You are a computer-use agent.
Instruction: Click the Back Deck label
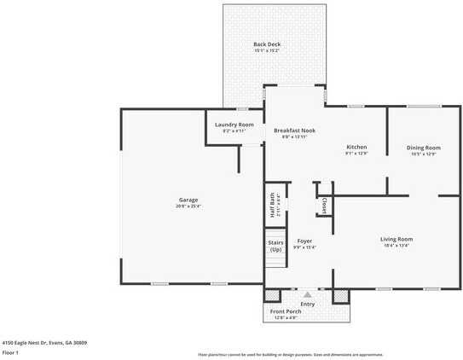click(267, 44)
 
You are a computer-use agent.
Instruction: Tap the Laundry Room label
click(234, 125)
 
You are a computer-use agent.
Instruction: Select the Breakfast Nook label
click(295, 130)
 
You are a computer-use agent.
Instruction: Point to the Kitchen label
click(356, 147)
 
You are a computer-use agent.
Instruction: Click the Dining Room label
click(423, 148)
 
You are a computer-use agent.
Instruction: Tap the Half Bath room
click(273, 205)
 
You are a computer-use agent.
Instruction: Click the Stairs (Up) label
click(275, 247)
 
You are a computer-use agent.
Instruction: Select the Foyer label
click(304, 241)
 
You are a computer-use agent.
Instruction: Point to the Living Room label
click(396, 239)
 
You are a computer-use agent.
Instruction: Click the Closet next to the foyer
click(325, 206)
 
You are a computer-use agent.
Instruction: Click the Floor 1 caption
click(11, 352)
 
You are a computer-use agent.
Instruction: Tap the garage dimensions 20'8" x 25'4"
click(188, 206)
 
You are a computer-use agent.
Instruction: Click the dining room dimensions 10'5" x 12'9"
click(423, 154)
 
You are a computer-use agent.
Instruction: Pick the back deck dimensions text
click(267, 51)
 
